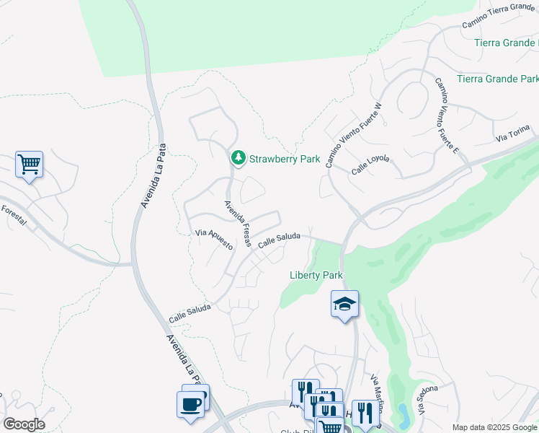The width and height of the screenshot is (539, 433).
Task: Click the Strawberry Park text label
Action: click(284, 158)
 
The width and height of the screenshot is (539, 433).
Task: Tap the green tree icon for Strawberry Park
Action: click(238, 157)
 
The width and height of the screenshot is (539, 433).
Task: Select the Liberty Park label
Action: click(315, 275)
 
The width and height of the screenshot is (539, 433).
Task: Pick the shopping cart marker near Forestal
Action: click(29, 165)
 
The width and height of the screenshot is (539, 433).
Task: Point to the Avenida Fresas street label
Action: click(236, 223)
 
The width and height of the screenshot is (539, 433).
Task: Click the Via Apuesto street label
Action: click(214, 239)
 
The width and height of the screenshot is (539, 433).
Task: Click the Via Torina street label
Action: click(512, 134)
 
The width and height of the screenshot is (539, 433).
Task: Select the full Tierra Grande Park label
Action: click(498, 79)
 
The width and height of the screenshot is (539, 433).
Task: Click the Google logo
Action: click(24, 424)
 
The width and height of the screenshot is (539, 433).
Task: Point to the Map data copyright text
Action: click(494, 427)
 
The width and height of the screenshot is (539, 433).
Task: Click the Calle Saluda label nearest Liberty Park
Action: click(278, 242)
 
